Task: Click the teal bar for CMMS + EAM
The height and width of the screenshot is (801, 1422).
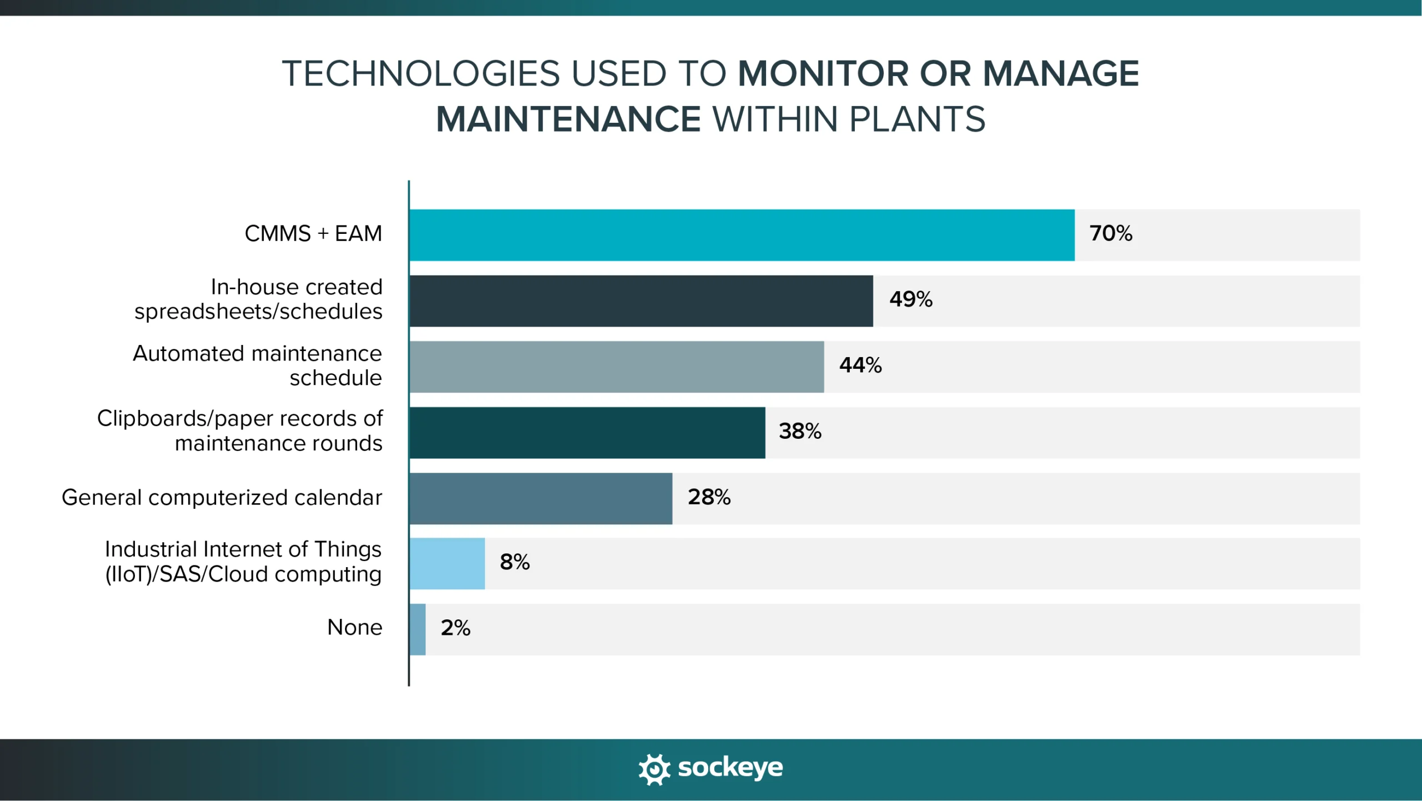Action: [742, 235]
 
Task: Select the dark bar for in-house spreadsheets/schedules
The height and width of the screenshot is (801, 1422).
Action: [641, 301]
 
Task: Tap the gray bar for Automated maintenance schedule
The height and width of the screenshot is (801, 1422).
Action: [617, 367]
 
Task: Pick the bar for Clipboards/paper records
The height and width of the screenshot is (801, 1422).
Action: [587, 432]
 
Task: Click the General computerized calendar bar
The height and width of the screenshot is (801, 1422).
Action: [540, 498]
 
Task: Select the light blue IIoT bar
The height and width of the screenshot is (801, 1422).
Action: [447, 563]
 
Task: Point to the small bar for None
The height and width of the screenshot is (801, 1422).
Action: [418, 629]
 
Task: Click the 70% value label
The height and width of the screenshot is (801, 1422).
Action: [1110, 233]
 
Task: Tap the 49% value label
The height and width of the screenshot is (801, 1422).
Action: [910, 299]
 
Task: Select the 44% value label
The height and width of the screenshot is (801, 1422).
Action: [860, 365]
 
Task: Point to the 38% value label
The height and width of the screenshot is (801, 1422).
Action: [800, 431]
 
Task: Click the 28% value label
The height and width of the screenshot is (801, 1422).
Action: [709, 497]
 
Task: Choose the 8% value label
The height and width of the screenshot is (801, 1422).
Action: [514, 562]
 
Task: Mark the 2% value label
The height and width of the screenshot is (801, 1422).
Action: [455, 628]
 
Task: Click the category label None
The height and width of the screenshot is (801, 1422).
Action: [354, 627]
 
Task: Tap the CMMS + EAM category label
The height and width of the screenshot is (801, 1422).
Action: [313, 233]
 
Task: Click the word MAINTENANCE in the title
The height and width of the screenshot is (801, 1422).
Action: [568, 119]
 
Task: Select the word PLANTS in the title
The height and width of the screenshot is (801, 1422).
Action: [917, 119]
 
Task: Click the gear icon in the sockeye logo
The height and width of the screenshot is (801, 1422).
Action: [654, 769]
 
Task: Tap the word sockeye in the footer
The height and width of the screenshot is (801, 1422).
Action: [730, 768]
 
